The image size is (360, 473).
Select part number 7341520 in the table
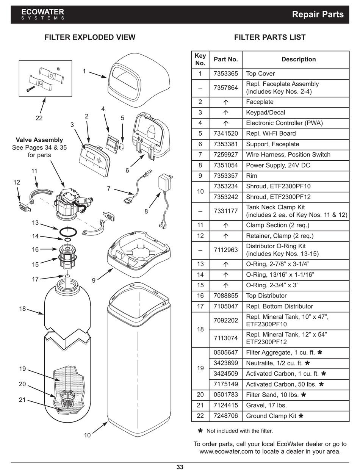click(225, 133)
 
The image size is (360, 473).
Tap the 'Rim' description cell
click(252, 176)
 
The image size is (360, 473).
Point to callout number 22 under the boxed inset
click(39, 118)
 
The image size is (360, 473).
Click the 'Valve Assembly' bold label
click(39, 140)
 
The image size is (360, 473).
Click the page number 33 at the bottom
click(180, 467)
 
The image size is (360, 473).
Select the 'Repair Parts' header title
click(318, 14)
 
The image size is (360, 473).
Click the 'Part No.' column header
click(225, 59)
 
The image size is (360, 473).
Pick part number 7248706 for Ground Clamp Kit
click(225, 416)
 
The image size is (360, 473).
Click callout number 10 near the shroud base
click(88, 435)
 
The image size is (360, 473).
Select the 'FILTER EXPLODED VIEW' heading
click(90, 37)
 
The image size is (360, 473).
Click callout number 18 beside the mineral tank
click(22, 309)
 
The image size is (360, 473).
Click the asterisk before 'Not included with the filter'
click(200, 431)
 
